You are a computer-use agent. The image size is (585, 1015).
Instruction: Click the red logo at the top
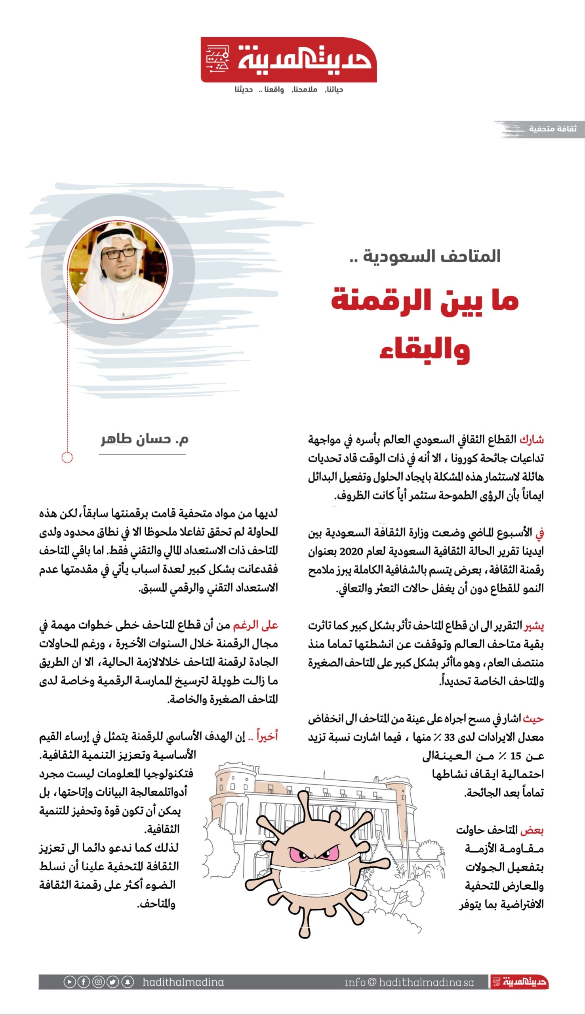tap(288, 60)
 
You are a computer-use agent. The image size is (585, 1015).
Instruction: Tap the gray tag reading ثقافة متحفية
tap(552, 129)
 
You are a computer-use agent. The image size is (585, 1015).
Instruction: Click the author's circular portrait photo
tap(118, 270)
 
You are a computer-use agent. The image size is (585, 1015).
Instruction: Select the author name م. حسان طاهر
tap(145, 439)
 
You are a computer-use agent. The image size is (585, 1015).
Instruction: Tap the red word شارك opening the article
tap(532, 440)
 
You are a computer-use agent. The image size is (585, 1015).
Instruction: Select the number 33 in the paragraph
tap(449, 737)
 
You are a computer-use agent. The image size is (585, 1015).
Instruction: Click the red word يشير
tap(534, 626)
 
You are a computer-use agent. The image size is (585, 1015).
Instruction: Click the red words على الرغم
tap(255, 625)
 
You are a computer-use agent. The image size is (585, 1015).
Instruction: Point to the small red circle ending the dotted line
tap(67, 458)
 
